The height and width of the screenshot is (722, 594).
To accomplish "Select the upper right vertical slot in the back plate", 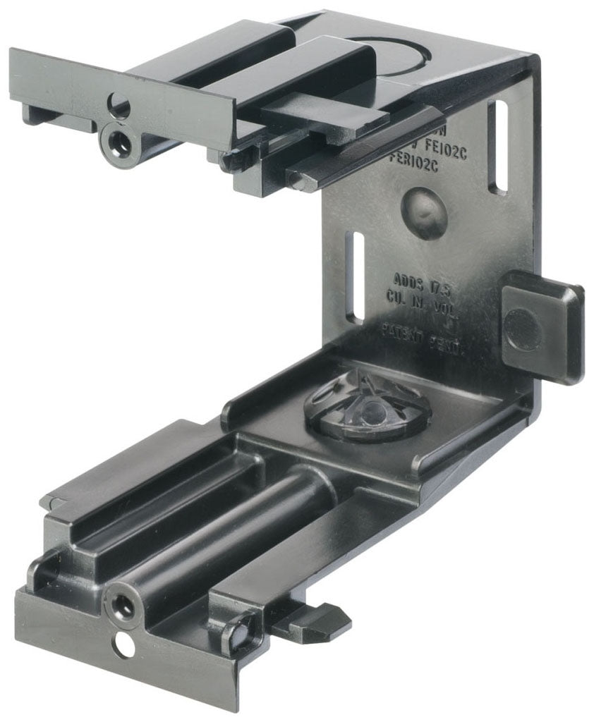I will click(499, 147).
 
